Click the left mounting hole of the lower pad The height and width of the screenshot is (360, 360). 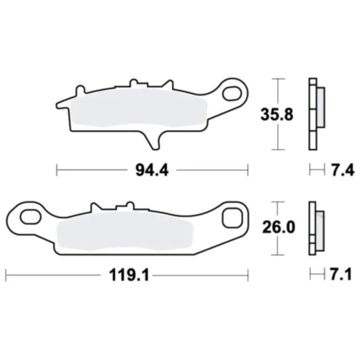point(30,217)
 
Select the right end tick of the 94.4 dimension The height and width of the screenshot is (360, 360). point(247,168)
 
